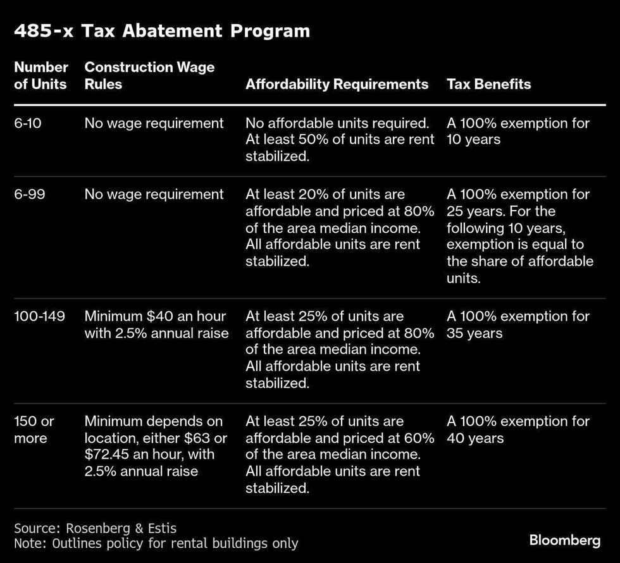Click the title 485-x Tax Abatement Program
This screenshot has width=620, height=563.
point(162,31)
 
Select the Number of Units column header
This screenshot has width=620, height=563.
point(41,75)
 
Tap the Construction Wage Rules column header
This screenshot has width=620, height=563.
point(149,75)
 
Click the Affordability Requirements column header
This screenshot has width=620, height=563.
point(337,84)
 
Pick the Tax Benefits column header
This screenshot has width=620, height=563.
point(488,84)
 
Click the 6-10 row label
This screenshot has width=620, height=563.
point(28,123)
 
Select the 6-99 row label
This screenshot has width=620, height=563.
point(28,194)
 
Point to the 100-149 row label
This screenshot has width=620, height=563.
point(39,316)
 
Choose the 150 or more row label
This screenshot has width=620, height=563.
point(34,430)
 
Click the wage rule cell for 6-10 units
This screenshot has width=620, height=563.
point(154,123)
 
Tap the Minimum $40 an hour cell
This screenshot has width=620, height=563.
point(156,325)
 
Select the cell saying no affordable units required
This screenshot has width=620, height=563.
point(340,140)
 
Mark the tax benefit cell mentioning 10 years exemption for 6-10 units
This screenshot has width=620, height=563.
point(518,132)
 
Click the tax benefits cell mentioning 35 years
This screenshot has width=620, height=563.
point(518,325)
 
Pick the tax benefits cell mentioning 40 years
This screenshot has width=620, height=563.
point(518,430)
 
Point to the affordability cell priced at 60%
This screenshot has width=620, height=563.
point(340,454)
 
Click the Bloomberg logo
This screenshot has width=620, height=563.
point(564,540)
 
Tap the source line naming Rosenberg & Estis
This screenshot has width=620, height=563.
point(96,527)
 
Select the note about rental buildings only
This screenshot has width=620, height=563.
point(156,543)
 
